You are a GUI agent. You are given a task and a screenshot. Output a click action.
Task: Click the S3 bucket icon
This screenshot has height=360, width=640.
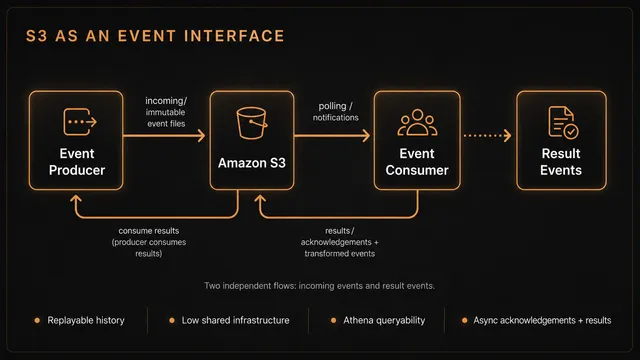(x=251, y=123)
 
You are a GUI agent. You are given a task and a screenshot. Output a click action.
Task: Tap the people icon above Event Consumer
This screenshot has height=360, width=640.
(x=417, y=122)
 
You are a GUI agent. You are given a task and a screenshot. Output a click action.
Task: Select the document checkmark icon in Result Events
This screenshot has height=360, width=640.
(x=563, y=122)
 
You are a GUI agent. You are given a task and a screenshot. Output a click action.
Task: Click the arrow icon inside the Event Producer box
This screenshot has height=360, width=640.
(x=80, y=122)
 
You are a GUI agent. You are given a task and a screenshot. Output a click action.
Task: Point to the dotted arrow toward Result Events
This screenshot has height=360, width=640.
(x=487, y=136)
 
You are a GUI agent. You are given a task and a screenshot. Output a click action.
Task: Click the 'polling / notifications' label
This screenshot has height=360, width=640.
(x=336, y=112)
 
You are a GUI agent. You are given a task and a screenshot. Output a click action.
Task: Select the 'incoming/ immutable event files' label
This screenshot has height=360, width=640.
(x=166, y=112)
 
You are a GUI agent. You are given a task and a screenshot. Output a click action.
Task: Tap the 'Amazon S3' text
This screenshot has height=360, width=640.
(x=252, y=163)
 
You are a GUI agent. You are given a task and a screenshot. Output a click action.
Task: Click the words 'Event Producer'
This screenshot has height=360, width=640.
(x=77, y=162)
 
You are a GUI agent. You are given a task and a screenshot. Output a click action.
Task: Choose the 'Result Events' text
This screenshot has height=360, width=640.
(x=561, y=162)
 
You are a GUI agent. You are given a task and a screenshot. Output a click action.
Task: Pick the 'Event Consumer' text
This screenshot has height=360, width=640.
(x=417, y=162)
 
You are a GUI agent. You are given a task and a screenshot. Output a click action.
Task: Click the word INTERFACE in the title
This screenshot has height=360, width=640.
(x=234, y=36)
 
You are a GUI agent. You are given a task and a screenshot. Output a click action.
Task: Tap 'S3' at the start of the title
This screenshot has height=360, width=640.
(x=36, y=36)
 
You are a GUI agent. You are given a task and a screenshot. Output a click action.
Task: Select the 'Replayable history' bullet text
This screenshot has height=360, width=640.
(x=86, y=320)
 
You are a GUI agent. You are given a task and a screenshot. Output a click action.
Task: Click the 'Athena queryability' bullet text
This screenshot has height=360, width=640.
(x=384, y=320)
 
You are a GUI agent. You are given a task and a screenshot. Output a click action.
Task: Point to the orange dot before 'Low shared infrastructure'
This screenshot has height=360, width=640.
(x=172, y=320)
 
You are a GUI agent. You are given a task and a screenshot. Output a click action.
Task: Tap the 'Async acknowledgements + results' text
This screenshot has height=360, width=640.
(x=542, y=320)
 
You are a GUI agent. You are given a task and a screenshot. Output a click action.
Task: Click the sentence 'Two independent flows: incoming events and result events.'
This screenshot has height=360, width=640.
(x=320, y=286)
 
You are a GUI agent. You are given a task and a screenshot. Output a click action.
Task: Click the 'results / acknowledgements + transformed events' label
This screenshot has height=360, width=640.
(x=340, y=242)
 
